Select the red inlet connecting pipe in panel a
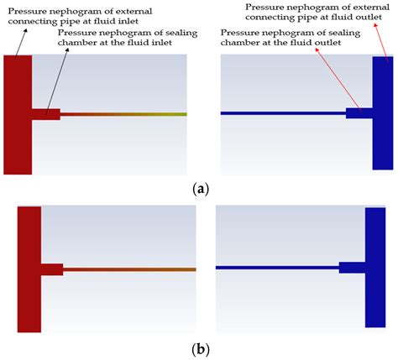tap(18, 114)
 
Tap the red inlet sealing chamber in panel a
tap(46, 114)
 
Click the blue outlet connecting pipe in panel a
tap(382, 114)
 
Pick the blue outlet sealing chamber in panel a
tap(359, 112)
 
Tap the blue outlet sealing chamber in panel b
tap(351, 268)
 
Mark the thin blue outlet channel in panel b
tap(277, 268)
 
